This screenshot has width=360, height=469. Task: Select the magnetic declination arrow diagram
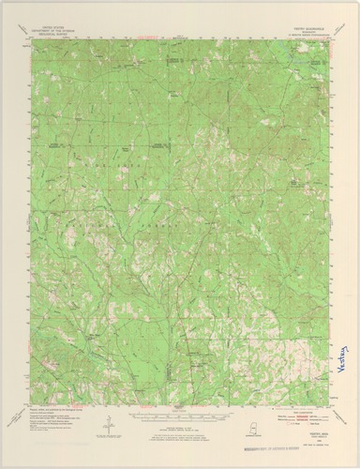coord(112,420)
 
